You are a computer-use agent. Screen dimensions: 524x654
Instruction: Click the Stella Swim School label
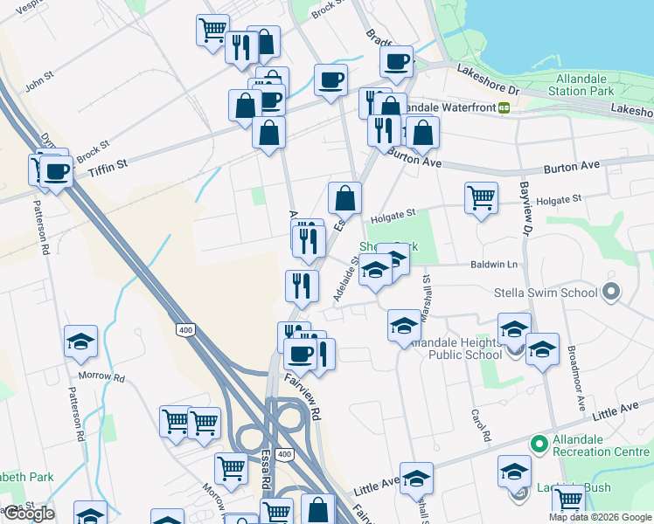click(x=544, y=293)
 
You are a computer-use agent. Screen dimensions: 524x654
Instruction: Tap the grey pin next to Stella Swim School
click(x=610, y=293)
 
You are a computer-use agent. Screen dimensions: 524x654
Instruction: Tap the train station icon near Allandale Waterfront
click(x=504, y=107)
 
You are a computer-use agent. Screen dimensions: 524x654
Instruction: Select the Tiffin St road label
click(x=108, y=167)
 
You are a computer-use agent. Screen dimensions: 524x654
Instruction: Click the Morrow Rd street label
click(x=101, y=378)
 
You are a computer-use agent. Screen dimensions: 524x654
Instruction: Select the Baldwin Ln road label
click(x=493, y=264)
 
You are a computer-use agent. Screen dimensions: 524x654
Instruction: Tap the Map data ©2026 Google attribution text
click(x=600, y=517)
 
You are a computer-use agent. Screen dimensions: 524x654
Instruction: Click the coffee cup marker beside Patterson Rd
click(x=58, y=170)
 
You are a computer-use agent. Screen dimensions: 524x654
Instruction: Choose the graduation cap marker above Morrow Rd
click(x=81, y=341)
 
